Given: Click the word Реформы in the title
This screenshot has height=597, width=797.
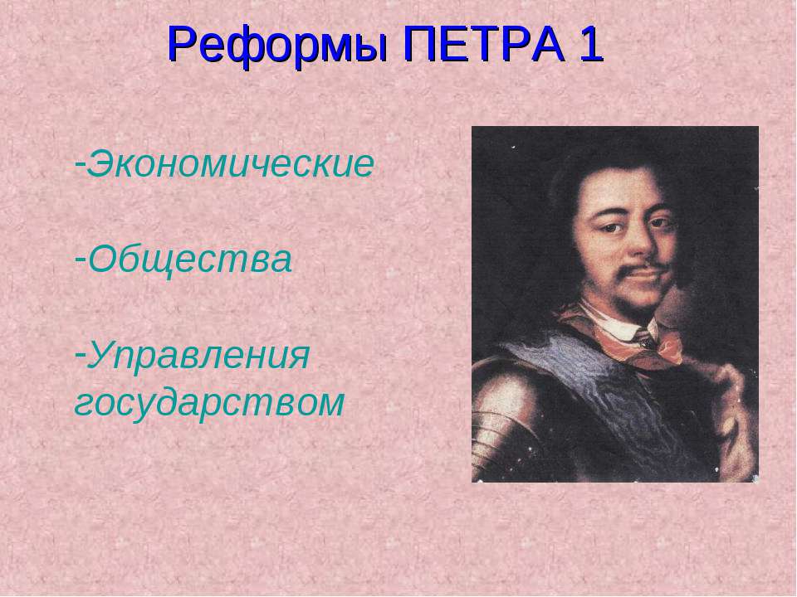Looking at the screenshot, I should click(x=278, y=45).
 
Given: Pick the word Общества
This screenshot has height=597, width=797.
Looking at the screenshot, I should click(x=190, y=260).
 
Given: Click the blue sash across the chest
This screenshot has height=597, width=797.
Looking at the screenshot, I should click(x=581, y=390).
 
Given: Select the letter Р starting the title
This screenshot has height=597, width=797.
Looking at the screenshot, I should click(x=180, y=45).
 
